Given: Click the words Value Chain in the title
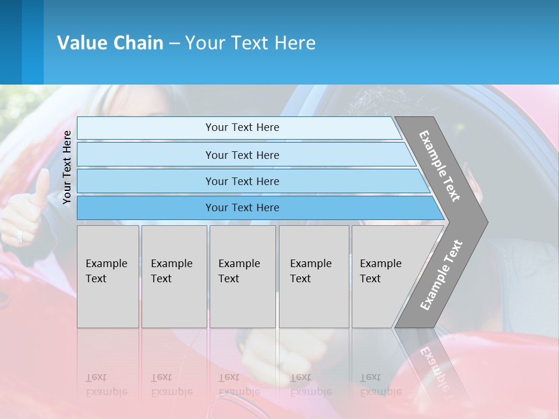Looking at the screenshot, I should (110, 43).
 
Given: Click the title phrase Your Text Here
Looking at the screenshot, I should (250, 43).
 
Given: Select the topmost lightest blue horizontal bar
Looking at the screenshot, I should (239, 127).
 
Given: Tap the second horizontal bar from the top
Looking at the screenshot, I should (245, 155).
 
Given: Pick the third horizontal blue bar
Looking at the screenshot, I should (250, 181).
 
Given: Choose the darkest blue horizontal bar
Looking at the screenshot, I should (256, 208).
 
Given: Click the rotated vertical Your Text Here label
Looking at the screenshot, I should (67, 167).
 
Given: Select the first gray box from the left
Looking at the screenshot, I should (108, 276).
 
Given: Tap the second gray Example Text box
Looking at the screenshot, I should (174, 276).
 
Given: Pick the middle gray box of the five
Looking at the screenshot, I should (242, 276).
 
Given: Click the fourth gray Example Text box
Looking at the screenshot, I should (314, 276).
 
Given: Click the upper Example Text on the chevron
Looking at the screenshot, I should (440, 166).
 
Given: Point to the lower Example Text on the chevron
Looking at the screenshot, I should (441, 275).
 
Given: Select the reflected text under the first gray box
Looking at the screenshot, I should (106, 385).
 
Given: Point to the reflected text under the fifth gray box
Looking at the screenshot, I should (380, 385).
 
